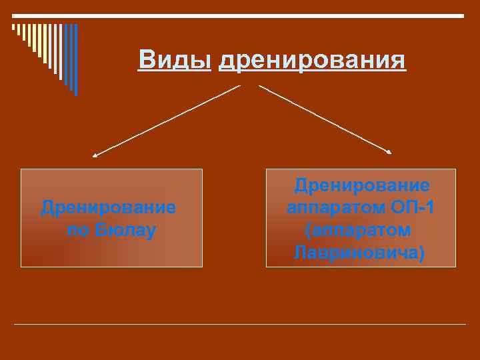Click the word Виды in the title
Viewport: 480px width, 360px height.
click(175, 60)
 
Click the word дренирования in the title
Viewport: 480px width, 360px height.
click(312, 61)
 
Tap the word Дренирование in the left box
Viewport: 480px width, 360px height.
click(109, 207)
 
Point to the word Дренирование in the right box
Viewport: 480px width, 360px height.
click(362, 185)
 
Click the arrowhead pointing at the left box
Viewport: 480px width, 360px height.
click(95, 155)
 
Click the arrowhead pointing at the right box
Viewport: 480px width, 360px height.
click(390, 153)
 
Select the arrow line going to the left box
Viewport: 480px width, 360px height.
click(167, 121)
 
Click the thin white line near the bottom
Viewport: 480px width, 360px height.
click(240, 325)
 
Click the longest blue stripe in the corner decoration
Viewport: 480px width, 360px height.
click(75, 60)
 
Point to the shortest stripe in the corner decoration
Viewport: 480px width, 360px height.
click(13, 28)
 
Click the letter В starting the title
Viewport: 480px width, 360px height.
click(147, 60)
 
